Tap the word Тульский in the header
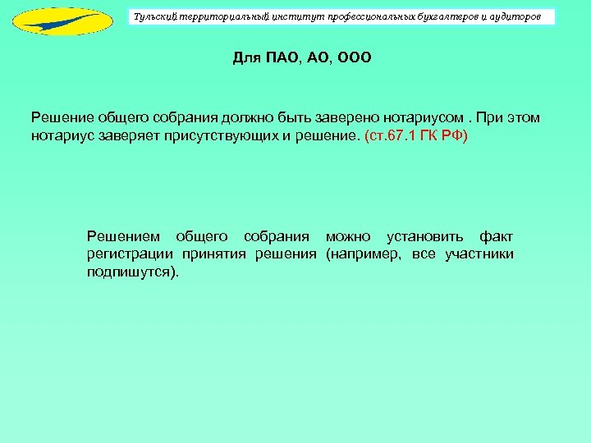(155, 16)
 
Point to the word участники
(479, 253)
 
